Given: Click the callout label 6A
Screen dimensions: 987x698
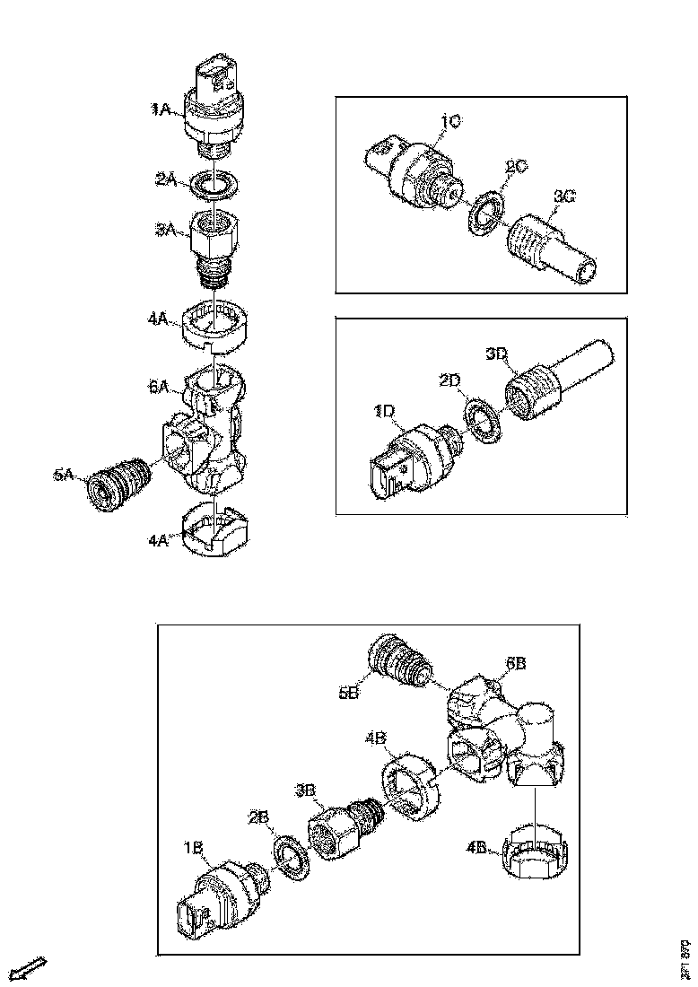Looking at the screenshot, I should tap(160, 386).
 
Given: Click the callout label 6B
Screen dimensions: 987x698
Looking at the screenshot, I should tap(516, 663).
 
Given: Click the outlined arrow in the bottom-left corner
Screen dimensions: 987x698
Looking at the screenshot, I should tap(30, 968).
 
